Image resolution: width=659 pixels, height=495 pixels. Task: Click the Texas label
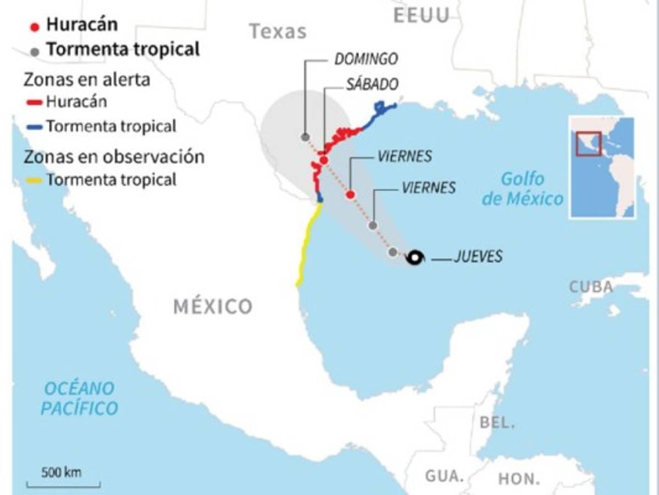point(278,31)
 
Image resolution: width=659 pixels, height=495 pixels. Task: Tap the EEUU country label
point(422,15)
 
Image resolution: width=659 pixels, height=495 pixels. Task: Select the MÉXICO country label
point(213,306)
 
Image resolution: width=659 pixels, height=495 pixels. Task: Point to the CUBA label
point(591,287)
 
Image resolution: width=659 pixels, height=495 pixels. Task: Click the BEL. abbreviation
point(497,422)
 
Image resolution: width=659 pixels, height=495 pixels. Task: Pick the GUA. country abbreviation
point(445,475)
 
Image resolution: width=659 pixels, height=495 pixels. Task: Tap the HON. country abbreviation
point(519,479)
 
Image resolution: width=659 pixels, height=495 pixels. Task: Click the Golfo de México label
point(522,189)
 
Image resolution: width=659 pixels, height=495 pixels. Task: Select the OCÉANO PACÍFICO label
point(80,398)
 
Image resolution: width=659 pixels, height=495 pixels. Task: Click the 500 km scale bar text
point(62,472)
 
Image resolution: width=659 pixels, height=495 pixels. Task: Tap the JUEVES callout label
point(478,257)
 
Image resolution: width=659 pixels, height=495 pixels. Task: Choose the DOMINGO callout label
point(366,59)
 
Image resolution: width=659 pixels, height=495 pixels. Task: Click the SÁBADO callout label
point(372,84)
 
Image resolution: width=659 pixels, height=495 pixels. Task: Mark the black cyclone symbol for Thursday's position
point(415,257)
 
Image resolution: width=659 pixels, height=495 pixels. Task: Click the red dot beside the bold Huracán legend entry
point(35,26)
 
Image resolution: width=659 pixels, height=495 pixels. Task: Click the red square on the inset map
point(589,144)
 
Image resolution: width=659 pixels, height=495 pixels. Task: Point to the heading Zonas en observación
point(114,157)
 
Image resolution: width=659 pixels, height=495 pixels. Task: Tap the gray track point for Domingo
point(305,137)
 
